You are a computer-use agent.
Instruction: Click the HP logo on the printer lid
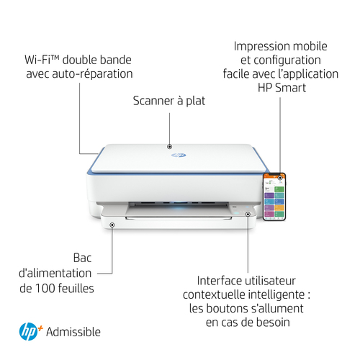179,155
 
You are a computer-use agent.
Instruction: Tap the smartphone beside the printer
274,197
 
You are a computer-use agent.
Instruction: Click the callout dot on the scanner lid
169,146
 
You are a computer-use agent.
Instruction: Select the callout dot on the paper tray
112,225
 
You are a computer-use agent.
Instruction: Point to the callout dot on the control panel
248,214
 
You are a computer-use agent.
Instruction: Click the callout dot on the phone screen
280,178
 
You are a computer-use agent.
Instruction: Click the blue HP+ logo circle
28,331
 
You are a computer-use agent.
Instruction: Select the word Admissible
73,332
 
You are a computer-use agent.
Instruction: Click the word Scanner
153,101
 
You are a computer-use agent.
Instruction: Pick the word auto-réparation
92,73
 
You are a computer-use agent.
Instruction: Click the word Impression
258,47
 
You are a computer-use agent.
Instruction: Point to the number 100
45,288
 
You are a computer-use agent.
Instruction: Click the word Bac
82,258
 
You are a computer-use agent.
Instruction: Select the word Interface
219,281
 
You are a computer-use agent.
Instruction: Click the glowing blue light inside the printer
179,204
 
